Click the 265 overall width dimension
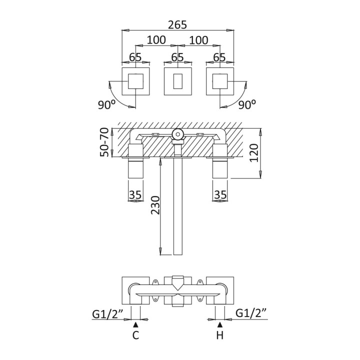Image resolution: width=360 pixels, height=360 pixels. (x=177, y=23)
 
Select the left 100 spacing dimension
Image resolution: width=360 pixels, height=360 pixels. (x=156, y=39)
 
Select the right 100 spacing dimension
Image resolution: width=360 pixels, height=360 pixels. (x=198, y=39)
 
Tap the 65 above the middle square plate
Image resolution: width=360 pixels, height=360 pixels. (x=177, y=57)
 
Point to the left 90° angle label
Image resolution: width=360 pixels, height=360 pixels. (x=107, y=105)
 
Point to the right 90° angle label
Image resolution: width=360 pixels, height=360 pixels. (x=247, y=105)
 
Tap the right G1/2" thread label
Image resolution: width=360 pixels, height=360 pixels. (x=251, y=314)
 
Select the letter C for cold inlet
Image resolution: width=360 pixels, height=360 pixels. (x=135, y=335)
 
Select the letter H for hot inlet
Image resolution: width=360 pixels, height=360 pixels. (x=219, y=335)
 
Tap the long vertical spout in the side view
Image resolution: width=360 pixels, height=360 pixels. (x=177, y=210)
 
